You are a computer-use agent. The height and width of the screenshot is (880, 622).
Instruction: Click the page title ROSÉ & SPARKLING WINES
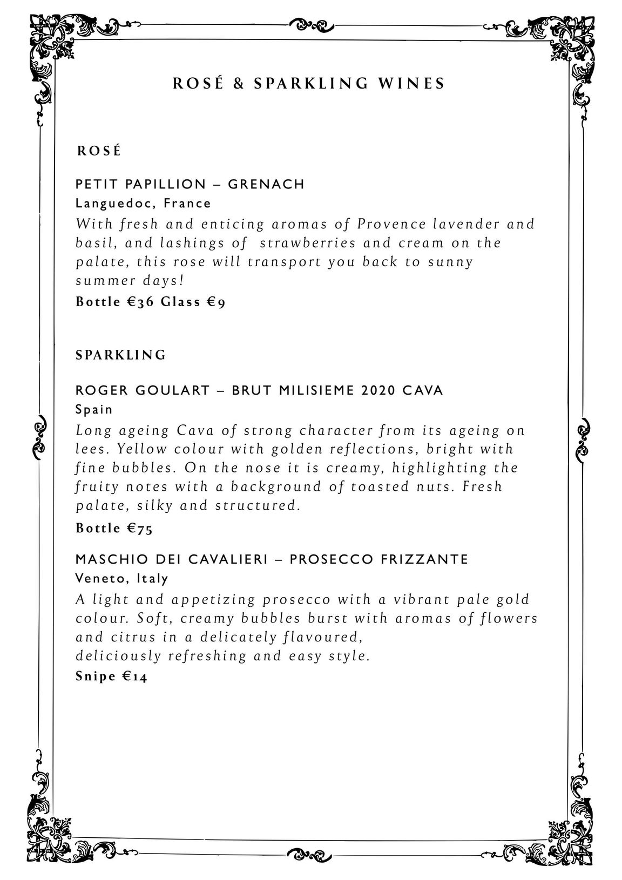click(x=309, y=84)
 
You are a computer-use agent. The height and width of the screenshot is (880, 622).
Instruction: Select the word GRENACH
click(x=266, y=185)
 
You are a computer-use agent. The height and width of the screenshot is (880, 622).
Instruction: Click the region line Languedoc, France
click(x=143, y=204)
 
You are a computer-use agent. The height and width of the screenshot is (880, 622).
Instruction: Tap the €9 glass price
click(x=216, y=302)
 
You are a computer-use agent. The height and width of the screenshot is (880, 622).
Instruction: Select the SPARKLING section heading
click(x=120, y=355)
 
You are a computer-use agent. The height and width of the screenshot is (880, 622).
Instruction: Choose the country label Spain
click(x=94, y=409)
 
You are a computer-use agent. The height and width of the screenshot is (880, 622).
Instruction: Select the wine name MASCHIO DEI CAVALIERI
click(x=172, y=559)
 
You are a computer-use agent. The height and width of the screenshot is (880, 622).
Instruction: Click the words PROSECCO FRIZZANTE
click(x=378, y=559)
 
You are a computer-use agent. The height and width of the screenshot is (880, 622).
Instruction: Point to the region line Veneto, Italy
click(x=122, y=578)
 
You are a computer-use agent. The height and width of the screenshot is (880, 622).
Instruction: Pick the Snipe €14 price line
click(x=111, y=676)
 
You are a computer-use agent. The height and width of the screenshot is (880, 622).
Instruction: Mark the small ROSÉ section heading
click(x=98, y=151)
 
